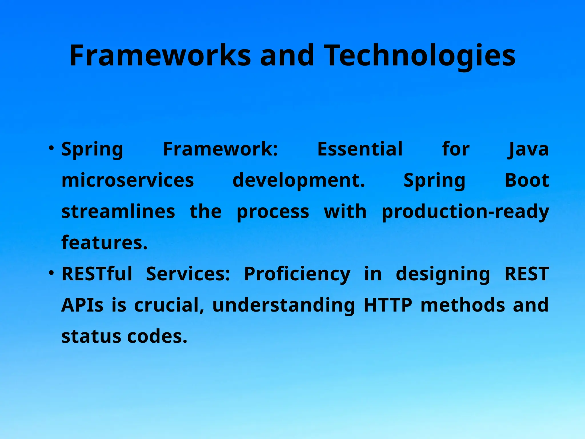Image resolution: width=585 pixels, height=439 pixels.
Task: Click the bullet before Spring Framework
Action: click(x=51, y=148)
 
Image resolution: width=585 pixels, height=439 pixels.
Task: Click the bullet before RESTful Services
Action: click(x=51, y=273)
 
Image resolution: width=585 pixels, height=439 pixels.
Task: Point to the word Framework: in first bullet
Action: click(x=220, y=149)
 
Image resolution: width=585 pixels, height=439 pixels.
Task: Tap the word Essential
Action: click(x=360, y=149)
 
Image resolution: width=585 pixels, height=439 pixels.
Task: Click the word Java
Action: click(x=528, y=149)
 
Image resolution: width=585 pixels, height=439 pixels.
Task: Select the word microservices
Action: click(x=128, y=180)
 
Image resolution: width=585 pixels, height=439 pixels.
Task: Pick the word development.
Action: click(x=299, y=180)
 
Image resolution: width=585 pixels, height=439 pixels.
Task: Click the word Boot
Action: click(x=527, y=180)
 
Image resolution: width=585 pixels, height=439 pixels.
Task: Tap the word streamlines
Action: click(x=118, y=211)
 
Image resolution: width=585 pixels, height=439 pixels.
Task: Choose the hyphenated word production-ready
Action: click(x=465, y=211)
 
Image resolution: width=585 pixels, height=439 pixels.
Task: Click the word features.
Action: click(x=105, y=243)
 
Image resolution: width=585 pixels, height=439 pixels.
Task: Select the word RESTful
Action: click(x=97, y=274)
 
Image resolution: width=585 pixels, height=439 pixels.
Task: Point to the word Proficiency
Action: click(x=297, y=274)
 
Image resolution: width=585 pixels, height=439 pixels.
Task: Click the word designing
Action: click(x=443, y=274)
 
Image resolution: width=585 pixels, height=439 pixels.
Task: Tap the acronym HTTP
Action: click(x=388, y=305)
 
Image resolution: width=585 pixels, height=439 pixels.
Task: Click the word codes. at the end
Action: click(x=157, y=336)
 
